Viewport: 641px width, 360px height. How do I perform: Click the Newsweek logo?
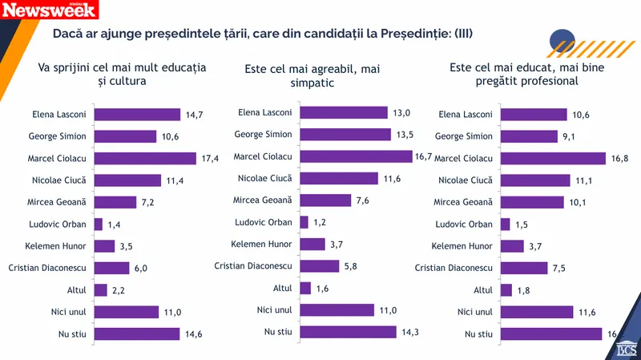tap(50, 10)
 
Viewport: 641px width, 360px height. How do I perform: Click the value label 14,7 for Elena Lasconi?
tap(195, 115)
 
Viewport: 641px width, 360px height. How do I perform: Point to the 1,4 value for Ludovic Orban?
tap(115, 224)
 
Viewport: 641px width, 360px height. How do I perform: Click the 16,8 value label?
tap(620, 159)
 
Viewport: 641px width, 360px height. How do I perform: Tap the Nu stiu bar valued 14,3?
tap(348, 331)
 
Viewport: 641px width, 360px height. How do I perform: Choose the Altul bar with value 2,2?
tap(101, 289)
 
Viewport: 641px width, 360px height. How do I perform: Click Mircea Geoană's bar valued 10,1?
tap(532, 202)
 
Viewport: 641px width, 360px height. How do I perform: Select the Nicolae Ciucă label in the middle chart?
tap(265, 177)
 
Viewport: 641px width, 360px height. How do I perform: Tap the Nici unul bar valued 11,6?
tap(537, 312)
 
